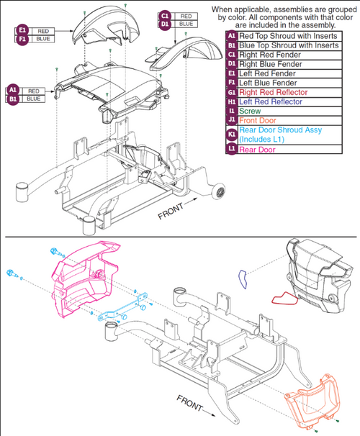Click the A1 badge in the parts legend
coord(231,36)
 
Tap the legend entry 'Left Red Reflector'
coord(271,101)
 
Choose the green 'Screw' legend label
coord(250,112)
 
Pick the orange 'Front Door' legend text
coord(258,121)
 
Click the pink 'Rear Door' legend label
coord(257,150)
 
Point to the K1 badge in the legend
coord(231,135)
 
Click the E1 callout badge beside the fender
coord(22,30)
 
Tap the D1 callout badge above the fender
coord(165,24)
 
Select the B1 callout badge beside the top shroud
coord(13,99)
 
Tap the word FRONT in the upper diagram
coord(171,211)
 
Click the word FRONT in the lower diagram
coord(190,403)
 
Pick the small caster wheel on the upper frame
coord(219,191)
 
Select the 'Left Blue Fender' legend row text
coord(268,83)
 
